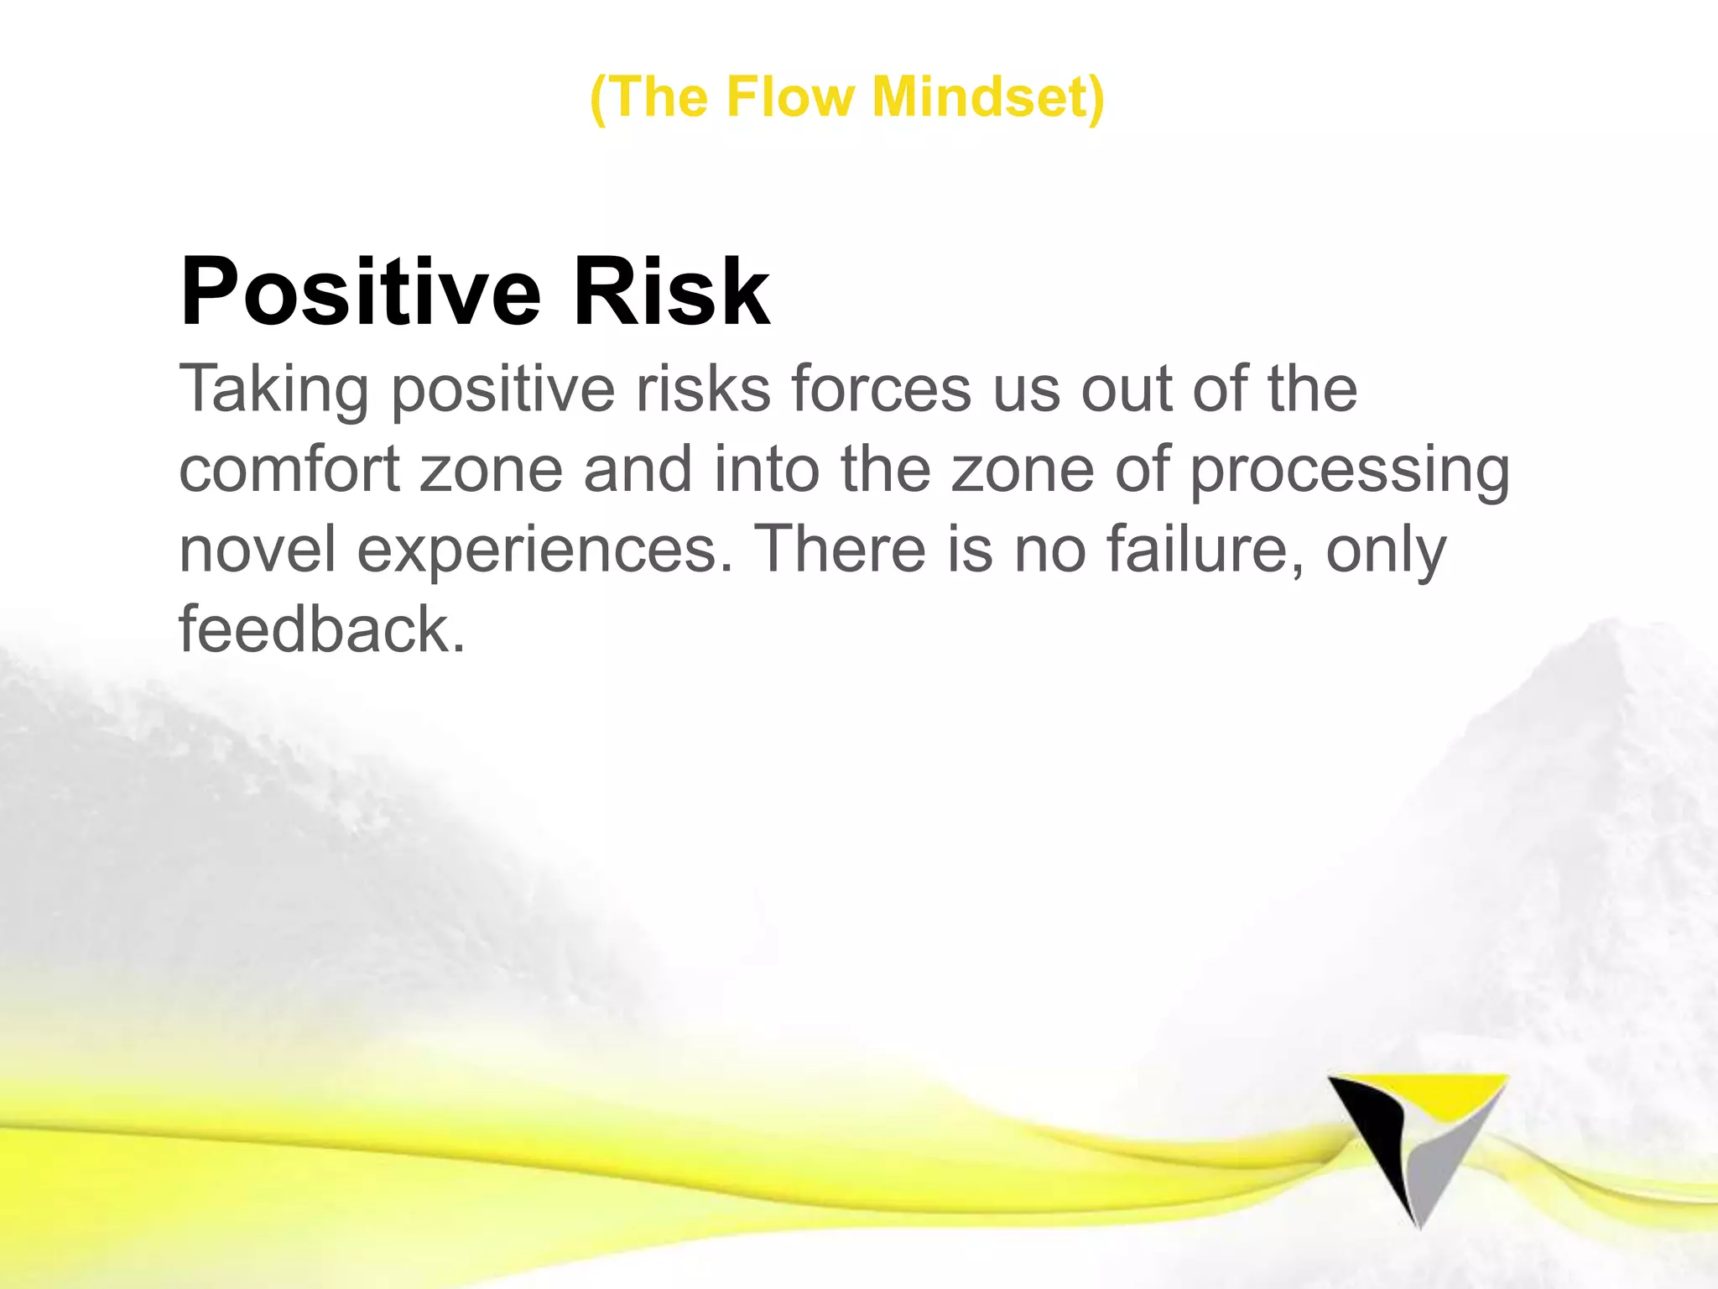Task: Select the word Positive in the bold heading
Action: point(361,292)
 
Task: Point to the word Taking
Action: point(273,391)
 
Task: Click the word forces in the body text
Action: point(880,389)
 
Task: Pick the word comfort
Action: point(289,469)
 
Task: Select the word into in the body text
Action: point(767,469)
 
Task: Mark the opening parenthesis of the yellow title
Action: point(598,98)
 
